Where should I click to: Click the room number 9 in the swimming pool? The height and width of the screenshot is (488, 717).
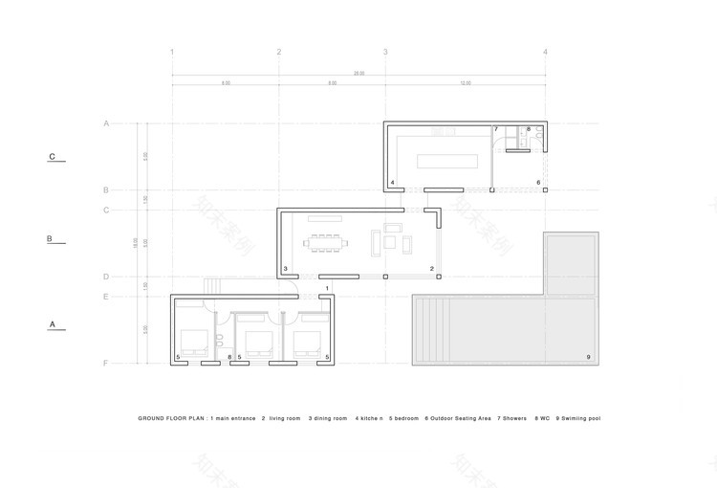pos(588,358)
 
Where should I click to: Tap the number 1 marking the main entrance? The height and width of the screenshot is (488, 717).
pos(327,287)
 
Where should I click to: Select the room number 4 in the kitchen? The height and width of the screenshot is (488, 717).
pos(392,182)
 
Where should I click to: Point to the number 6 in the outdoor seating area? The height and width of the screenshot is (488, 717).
pos(538,182)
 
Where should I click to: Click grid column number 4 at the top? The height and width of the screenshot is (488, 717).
pos(545,51)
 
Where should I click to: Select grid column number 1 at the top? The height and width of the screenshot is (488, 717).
pos(172,51)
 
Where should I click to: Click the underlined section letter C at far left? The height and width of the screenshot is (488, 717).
pos(54,157)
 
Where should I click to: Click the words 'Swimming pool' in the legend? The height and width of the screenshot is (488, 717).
pos(579,418)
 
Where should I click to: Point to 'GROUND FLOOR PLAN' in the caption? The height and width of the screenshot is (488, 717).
pos(171,418)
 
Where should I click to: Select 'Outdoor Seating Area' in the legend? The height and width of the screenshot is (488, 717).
pos(461,418)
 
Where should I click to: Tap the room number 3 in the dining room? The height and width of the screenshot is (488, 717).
pos(286,269)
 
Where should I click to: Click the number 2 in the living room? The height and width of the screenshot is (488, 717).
pos(432,269)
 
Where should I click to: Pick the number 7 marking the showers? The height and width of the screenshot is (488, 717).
pos(496,129)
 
